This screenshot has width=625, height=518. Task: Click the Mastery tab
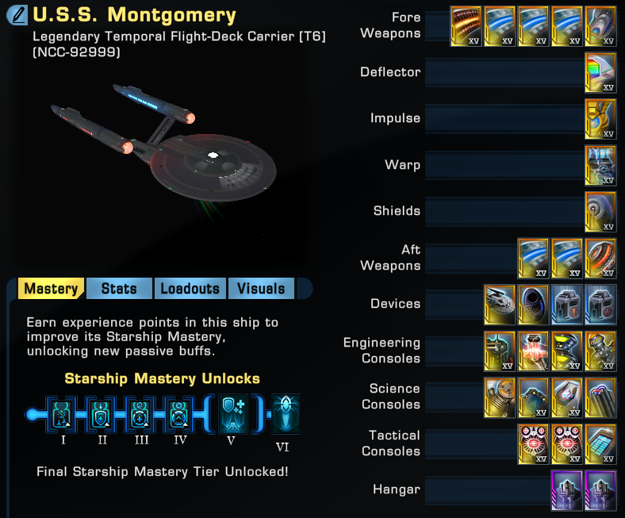click(51, 288)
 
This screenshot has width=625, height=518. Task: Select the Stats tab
click(119, 288)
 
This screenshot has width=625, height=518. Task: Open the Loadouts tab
click(190, 288)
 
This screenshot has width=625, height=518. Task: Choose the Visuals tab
click(261, 288)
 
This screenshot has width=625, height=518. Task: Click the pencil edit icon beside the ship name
click(17, 15)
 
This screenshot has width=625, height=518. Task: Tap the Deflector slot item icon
click(600, 72)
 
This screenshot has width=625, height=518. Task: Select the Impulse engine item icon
click(600, 118)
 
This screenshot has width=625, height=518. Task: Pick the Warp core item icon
click(600, 165)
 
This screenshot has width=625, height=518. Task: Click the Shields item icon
click(600, 211)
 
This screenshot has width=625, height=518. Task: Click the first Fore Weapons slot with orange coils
click(466, 26)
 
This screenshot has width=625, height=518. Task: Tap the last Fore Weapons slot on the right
click(600, 26)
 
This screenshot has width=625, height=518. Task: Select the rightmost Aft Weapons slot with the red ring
click(600, 258)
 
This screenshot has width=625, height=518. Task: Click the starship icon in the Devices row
click(500, 305)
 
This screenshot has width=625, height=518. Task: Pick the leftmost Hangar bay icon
click(567, 490)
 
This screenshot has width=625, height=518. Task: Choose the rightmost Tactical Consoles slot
click(600, 443)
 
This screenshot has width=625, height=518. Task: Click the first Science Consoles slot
click(500, 397)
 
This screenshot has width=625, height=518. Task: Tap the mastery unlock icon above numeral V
click(233, 413)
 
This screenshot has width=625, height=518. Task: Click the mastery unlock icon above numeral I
click(62, 414)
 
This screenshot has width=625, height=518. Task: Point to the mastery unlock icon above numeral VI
click(286, 413)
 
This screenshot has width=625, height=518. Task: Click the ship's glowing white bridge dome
click(213, 155)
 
